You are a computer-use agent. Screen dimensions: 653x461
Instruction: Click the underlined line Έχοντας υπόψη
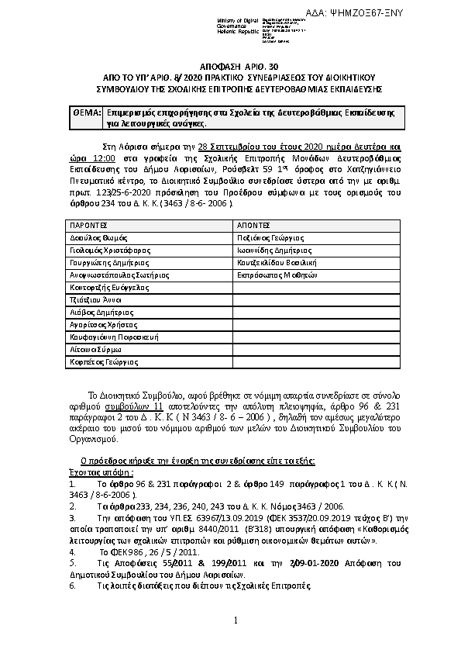click(91, 471)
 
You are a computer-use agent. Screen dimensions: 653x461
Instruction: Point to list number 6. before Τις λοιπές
click(72, 586)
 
